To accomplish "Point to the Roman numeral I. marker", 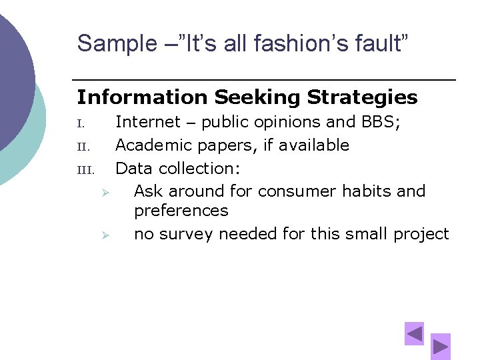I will click(81, 123).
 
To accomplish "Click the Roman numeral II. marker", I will click(82, 146).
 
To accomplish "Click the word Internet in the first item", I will click(148, 122).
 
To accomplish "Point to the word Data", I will click(133, 168).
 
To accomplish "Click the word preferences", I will click(181, 211).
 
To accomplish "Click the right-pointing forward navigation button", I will click(440, 346).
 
